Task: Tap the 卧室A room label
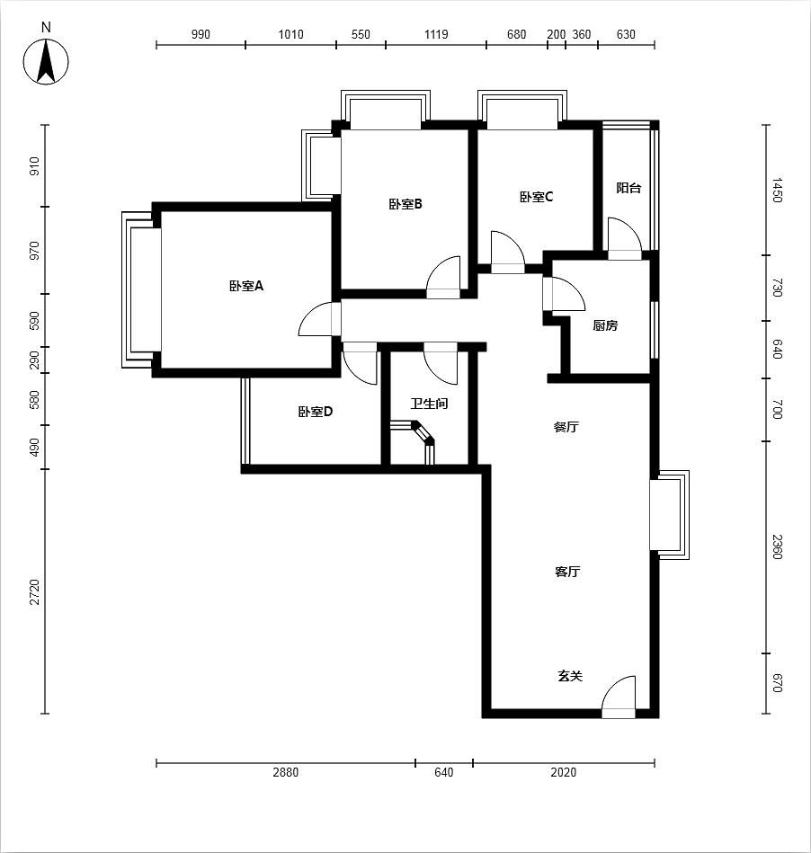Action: [246, 286]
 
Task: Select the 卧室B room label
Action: [405, 204]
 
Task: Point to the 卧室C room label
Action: [536, 196]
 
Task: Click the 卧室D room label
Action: [316, 412]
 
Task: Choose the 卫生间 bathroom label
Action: [429, 404]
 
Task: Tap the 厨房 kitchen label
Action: [605, 325]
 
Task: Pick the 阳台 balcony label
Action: [628, 188]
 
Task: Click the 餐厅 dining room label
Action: [566, 427]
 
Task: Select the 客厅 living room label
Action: [567, 571]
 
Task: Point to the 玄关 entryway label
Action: [570, 676]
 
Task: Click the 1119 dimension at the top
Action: [436, 34]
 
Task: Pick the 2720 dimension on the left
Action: [35, 591]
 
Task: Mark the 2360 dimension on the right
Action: [777, 546]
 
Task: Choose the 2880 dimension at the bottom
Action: [286, 772]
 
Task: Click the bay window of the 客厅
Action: [670, 515]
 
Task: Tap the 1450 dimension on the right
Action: [777, 190]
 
